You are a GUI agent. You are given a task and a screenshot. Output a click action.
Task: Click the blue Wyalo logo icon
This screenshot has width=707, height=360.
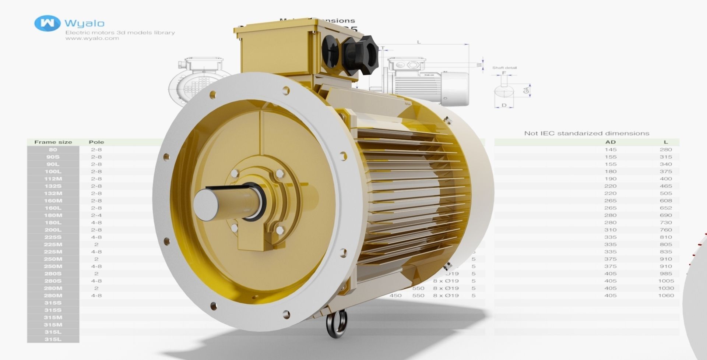pos(47,23)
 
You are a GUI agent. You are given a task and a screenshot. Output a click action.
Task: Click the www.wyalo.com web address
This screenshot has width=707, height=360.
pos(92,38)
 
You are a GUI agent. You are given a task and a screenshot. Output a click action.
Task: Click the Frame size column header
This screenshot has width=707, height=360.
pos(53,142)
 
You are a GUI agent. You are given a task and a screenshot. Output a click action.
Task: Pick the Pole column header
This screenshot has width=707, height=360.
pos(96,142)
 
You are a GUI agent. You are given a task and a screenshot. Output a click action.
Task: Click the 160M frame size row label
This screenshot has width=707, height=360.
pos(53,201)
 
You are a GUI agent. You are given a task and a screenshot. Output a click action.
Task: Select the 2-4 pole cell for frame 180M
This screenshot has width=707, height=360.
pos(96,215)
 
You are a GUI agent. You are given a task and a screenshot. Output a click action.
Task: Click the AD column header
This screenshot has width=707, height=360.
pos(610,142)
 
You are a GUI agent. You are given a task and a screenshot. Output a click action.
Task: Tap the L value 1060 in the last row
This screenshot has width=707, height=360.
pos(666,295)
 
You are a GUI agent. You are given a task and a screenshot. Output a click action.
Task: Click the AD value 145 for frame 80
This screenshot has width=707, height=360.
pos(610,149)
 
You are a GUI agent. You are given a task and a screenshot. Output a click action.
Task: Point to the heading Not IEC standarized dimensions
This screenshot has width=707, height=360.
pos(586,133)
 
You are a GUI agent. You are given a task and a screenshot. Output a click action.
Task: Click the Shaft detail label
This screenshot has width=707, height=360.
pos(504,68)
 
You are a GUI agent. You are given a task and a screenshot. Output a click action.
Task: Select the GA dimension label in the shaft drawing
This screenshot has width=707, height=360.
pos(527,89)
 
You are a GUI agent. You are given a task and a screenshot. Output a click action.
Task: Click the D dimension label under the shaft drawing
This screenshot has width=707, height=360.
pos(504,106)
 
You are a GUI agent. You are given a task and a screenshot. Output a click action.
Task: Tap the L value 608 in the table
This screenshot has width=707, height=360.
pos(666,201)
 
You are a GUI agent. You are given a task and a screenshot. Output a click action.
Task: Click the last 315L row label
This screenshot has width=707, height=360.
pos(53,339)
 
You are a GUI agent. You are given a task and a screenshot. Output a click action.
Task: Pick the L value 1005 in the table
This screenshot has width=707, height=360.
pos(666,281)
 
